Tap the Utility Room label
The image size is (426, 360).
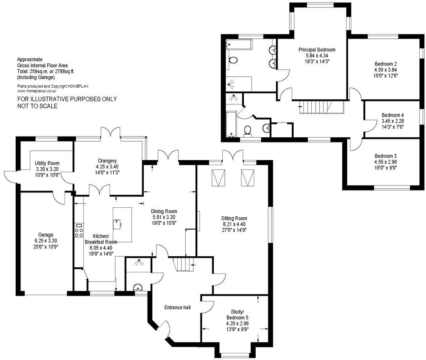(47, 163)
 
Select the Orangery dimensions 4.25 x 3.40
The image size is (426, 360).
(108, 166)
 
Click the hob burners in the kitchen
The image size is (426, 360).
(79, 230)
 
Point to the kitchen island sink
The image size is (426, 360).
(117, 223)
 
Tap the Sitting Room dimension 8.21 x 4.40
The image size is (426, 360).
(235, 224)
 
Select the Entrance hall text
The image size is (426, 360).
(177, 308)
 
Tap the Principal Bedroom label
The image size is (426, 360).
(317, 50)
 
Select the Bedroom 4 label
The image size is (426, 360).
(392, 115)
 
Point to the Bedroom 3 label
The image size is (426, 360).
(386, 155)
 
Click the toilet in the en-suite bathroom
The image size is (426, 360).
(233, 60)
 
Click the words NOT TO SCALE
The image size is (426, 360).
(38, 106)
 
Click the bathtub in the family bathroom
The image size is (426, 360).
(230, 123)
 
